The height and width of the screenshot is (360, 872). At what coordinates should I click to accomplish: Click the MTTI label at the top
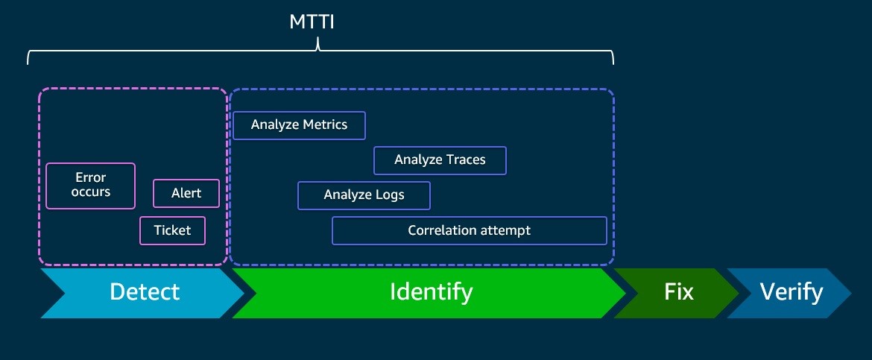[312, 22]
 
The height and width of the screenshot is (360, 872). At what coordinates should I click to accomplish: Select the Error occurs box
[91, 186]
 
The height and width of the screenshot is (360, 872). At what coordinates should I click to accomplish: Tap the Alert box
[186, 193]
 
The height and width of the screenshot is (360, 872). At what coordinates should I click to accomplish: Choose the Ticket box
[172, 230]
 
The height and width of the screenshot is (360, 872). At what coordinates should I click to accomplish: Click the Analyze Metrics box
[299, 125]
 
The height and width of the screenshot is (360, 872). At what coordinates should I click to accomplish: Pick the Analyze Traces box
[440, 160]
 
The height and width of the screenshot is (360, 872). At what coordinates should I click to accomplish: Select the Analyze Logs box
[364, 195]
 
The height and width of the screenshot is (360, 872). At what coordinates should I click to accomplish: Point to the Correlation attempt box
[470, 230]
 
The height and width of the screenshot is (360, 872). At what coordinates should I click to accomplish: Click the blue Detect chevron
[142, 293]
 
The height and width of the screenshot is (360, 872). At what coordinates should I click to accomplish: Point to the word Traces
[464, 160]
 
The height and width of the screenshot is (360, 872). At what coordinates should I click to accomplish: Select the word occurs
[91, 192]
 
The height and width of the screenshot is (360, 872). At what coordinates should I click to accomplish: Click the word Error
[91, 177]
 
